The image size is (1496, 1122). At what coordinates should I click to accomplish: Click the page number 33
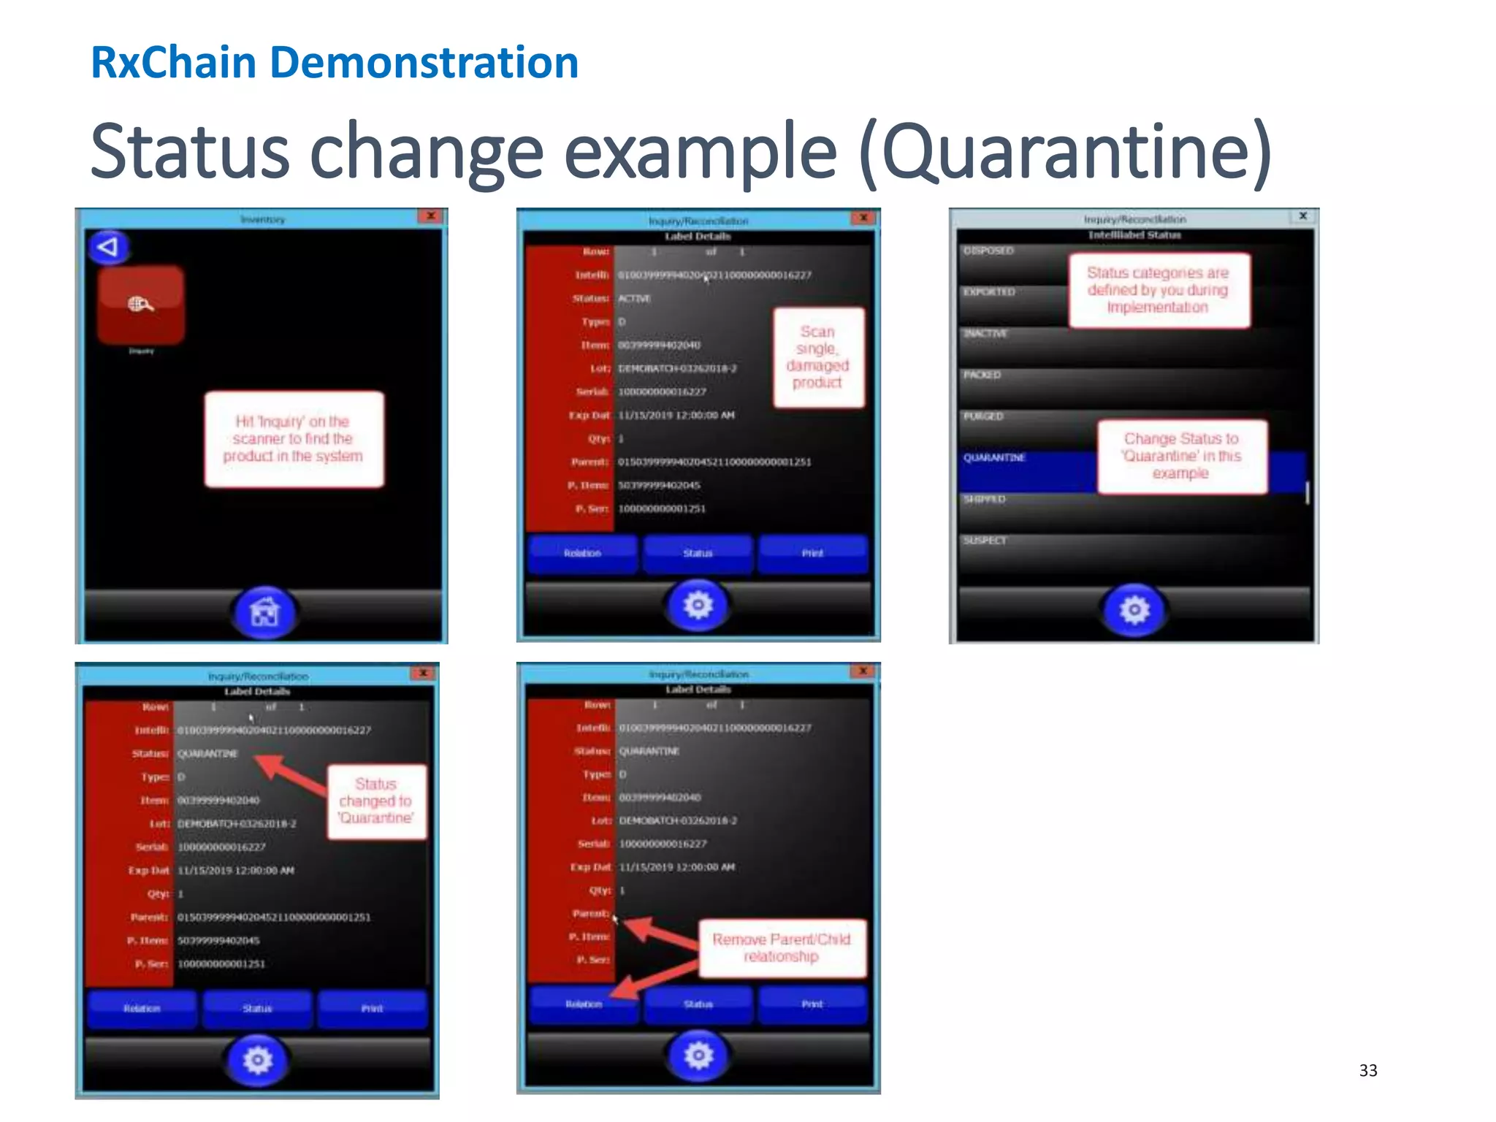click(x=1367, y=1070)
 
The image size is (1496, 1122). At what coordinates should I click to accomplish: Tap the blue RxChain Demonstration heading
click(x=335, y=63)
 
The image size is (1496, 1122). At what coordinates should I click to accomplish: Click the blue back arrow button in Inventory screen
click(x=109, y=247)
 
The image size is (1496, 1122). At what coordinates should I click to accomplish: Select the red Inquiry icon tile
click(x=141, y=305)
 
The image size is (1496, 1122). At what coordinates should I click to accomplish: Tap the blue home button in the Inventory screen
click(x=264, y=612)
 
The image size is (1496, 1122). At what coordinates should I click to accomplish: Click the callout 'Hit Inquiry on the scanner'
click(x=294, y=439)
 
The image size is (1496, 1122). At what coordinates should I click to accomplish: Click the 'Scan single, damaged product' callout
click(x=818, y=357)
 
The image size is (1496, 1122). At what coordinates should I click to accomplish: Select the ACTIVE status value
click(x=634, y=299)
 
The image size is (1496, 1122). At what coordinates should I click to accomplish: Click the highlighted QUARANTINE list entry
click(x=995, y=458)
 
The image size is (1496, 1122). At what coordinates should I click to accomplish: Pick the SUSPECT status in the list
click(x=985, y=541)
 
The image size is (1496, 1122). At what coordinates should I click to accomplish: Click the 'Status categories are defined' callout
click(x=1158, y=290)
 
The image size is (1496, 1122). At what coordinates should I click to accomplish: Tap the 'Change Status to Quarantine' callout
click(x=1181, y=457)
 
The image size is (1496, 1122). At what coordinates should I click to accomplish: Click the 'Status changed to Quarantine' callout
click(x=375, y=801)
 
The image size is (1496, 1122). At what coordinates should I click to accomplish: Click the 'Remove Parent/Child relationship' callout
click(x=781, y=948)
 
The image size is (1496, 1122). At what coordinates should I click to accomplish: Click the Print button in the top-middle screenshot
click(x=812, y=553)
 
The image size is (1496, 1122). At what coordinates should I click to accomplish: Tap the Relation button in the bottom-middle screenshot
click(x=584, y=1004)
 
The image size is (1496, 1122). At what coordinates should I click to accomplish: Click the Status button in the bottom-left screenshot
click(x=257, y=1009)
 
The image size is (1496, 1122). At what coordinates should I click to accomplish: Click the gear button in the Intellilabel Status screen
click(x=1134, y=609)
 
